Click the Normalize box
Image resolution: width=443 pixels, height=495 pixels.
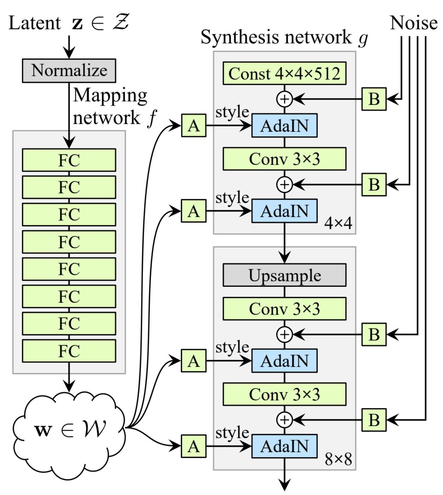[69, 71]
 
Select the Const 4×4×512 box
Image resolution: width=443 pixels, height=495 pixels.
[284, 73]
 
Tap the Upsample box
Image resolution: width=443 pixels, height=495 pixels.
[284, 275]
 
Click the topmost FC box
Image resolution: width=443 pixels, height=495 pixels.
[69, 160]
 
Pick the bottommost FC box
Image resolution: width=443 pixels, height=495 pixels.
[69, 351]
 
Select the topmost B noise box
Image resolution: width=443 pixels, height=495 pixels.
[374, 99]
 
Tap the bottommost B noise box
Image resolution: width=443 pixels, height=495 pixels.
[374, 420]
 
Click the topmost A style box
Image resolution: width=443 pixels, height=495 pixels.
[194, 125]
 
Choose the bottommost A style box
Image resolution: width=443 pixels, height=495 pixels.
[194, 446]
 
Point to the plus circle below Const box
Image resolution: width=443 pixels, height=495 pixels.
[284, 99]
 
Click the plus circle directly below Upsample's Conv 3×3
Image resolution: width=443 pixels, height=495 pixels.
[284, 334]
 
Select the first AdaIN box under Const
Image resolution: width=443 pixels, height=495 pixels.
[284, 125]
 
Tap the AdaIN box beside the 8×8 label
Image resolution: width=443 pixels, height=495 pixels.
[284, 446]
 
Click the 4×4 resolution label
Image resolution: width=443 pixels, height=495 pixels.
[338, 223]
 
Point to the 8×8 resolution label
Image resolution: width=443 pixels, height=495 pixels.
[338, 459]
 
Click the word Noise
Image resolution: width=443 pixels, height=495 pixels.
[413, 23]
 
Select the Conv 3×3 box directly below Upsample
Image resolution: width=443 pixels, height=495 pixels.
[284, 309]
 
